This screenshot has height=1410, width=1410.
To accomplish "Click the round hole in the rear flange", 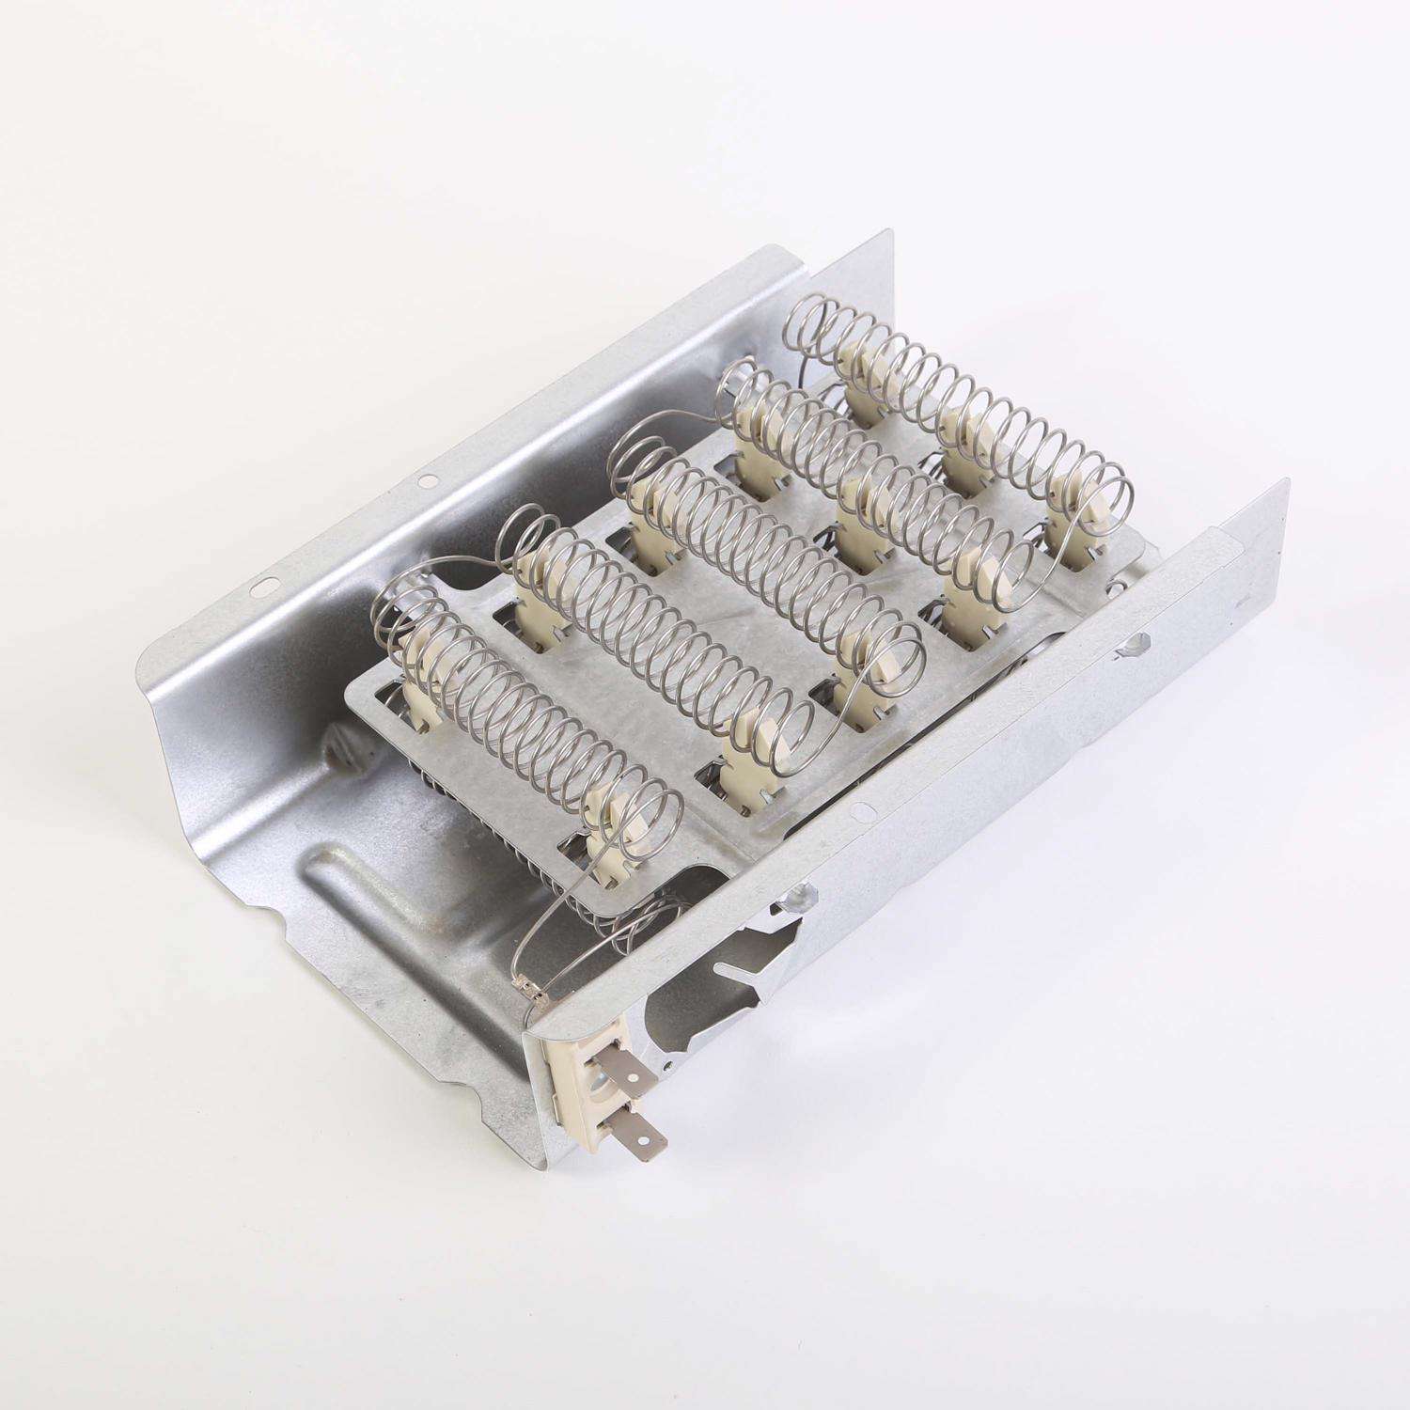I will coord(423,481).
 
